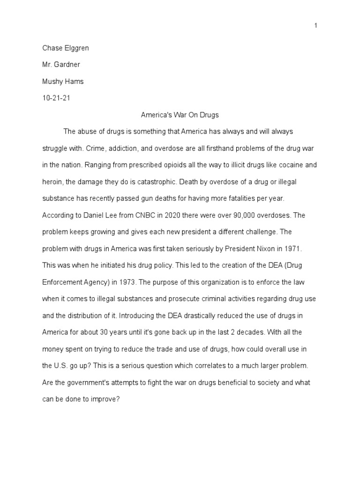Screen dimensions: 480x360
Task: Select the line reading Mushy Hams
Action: click(x=63, y=82)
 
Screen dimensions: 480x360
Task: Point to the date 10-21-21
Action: click(x=56, y=98)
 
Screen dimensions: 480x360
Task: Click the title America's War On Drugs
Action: click(x=180, y=114)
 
